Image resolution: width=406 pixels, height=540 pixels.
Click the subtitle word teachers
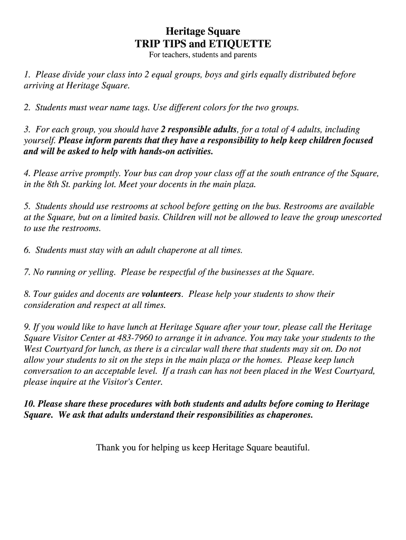pos(177,55)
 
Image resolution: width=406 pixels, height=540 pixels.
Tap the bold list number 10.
pos(30,404)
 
